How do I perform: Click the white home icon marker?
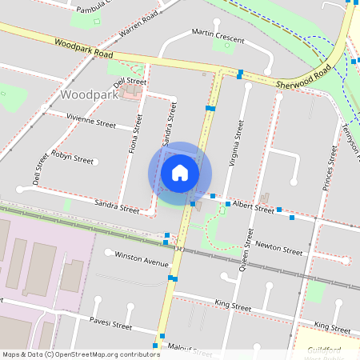[x=180, y=173]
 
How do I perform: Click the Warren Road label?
[x=138, y=25]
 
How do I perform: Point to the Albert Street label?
[x=253, y=207]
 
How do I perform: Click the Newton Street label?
[x=279, y=251]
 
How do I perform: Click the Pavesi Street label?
[x=110, y=325]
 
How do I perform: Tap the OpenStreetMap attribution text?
[x=82, y=354]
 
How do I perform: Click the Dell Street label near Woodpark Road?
[x=130, y=82]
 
